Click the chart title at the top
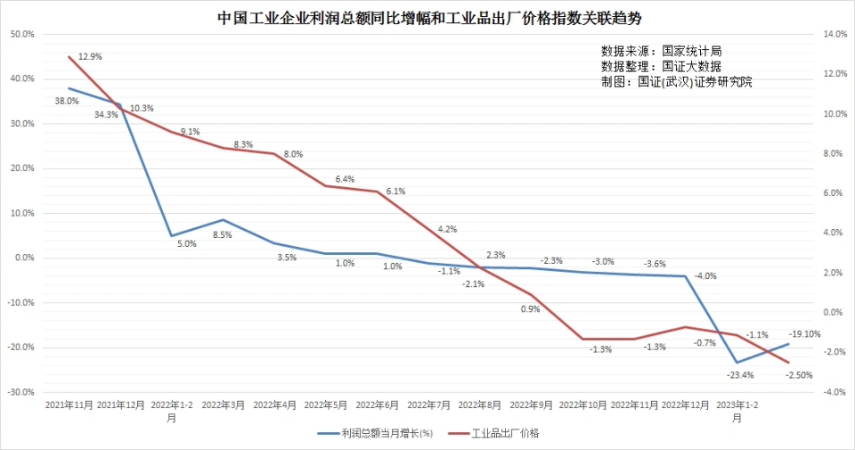click(x=428, y=17)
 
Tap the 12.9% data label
click(x=90, y=56)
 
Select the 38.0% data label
click(x=67, y=101)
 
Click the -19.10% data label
click(x=804, y=334)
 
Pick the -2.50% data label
click(x=800, y=375)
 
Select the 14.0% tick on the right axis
click(x=835, y=34)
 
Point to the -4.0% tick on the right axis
click(x=835, y=392)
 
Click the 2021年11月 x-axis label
click(x=69, y=405)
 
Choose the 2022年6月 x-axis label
click(x=379, y=405)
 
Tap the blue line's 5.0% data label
click(x=186, y=243)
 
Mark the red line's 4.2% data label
click(x=447, y=229)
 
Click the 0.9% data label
click(x=531, y=309)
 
